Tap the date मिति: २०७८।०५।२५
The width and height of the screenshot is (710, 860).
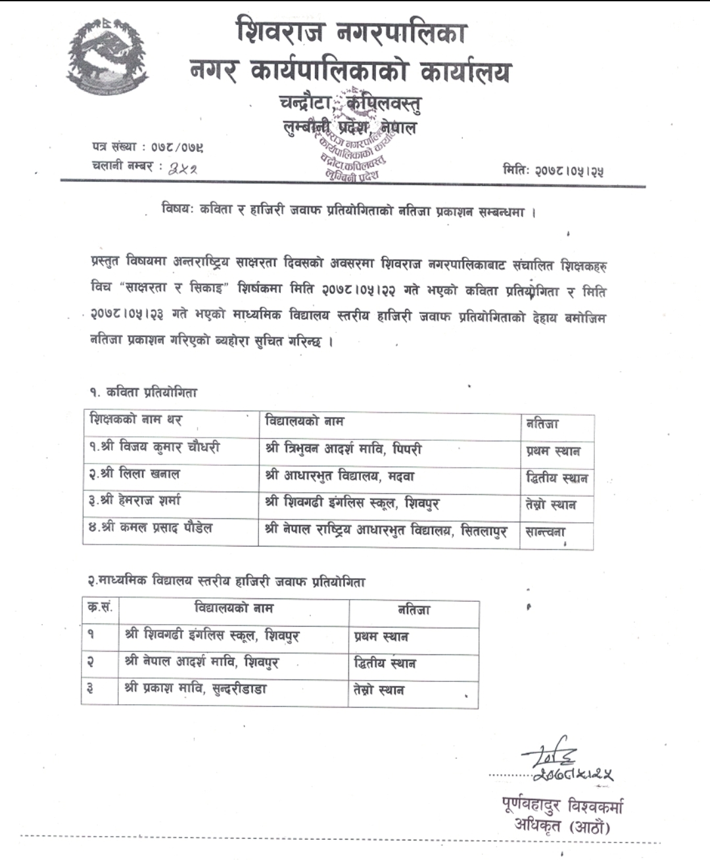(x=554, y=171)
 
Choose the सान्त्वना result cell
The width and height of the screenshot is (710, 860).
(x=546, y=532)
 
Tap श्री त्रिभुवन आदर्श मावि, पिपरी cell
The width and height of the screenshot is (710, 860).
(x=343, y=449)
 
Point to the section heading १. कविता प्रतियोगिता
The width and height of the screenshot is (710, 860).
(x=143, y=392)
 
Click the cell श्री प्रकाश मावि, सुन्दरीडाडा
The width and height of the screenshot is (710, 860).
(x=195, y=689)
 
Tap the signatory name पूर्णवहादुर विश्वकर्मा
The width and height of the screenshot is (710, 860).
(x=561, y=806)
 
